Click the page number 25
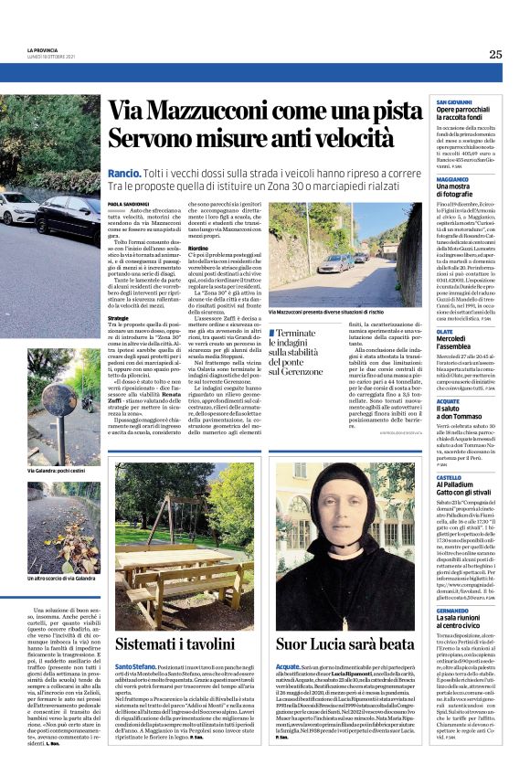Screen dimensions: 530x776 point(494,55)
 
